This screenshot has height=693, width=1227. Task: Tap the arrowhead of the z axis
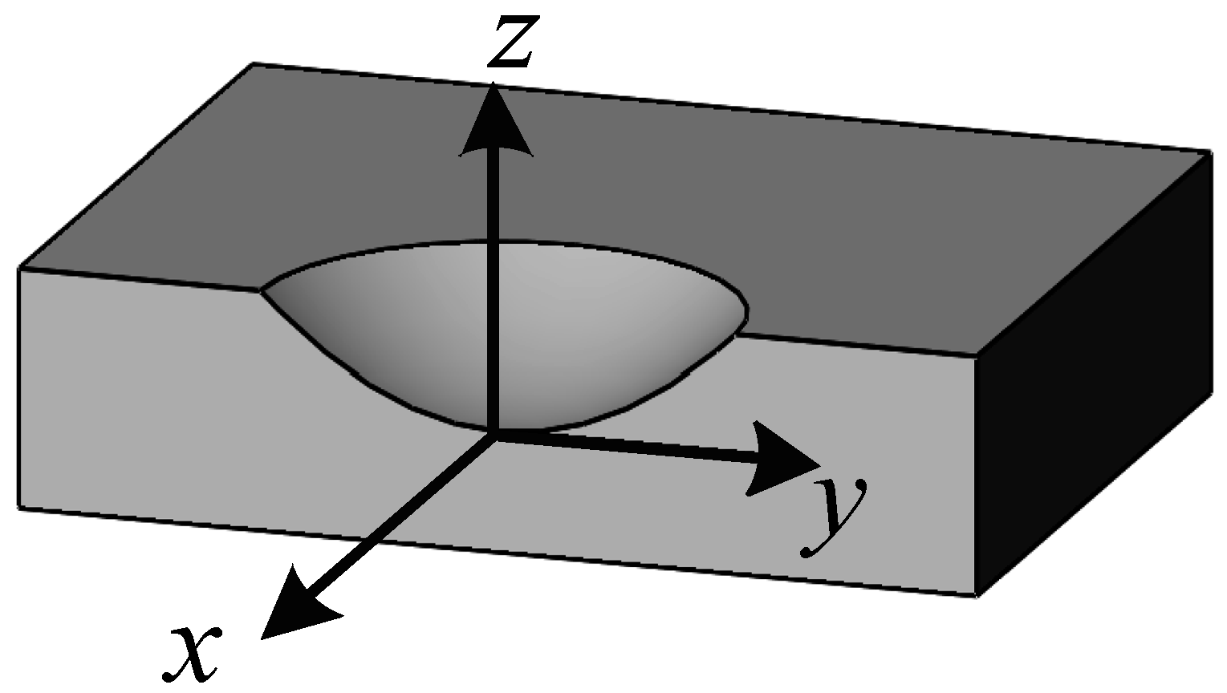(x=496, y=120)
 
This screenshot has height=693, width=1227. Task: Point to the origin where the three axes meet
(x=494, y=434)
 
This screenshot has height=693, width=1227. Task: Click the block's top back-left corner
(x=254, y=63)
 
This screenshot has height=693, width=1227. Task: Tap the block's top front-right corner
(x=977, y=355)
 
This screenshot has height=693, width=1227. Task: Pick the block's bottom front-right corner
(x=977, y=596)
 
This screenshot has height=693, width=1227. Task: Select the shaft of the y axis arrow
(x=626, y=446)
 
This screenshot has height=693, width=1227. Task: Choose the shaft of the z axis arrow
(x=495, y=281)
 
